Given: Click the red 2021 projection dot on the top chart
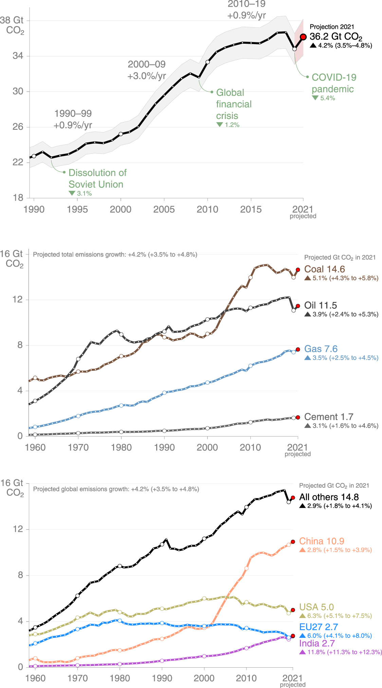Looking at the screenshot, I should [x=303, y=37].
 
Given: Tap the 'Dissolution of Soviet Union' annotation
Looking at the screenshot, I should [x=97, y=179].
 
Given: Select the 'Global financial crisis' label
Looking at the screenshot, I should [x=234, y=104].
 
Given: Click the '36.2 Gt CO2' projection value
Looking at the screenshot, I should [x=335, y=37].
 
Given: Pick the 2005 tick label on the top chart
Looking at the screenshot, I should [x=164, y=209].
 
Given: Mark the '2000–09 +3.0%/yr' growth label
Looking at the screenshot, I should [x=147, y=70].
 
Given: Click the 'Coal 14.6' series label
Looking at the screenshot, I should [x=324, y=269].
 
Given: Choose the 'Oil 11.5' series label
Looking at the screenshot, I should [x=320, y=305].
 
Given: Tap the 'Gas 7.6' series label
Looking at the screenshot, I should [x=321, y=349].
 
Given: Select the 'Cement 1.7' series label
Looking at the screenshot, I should [x=328, y=417].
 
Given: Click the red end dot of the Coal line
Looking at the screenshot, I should [x=298, y=270].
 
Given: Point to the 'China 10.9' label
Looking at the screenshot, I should [x=321, y=541].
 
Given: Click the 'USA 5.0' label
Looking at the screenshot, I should [x=316, y=607].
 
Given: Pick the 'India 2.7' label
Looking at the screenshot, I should [x=317, y=644].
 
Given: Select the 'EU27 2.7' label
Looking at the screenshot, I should [x=318, y=627].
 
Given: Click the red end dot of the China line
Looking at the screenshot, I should [x=293, y=542].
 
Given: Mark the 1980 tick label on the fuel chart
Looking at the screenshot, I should [x=121, y=447].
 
